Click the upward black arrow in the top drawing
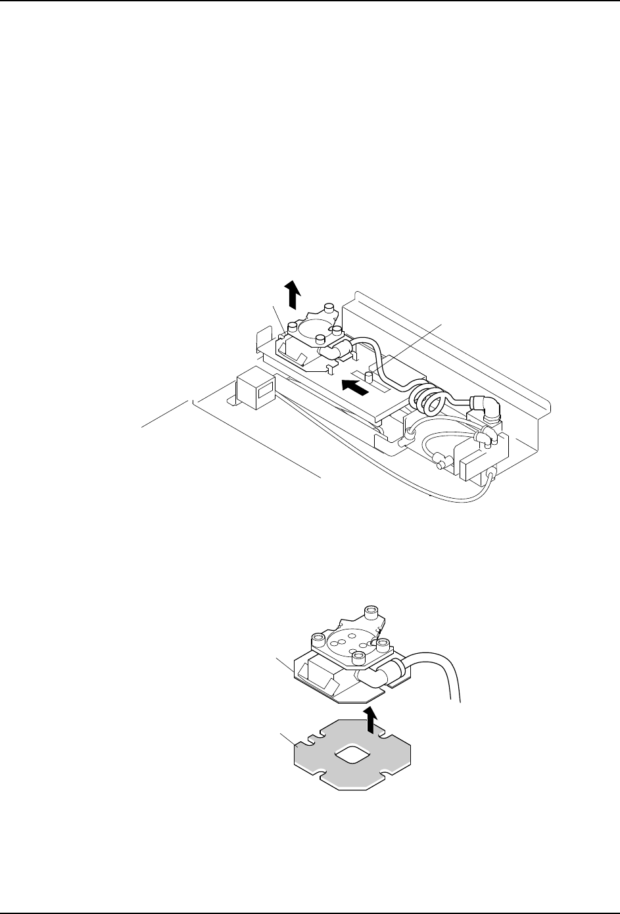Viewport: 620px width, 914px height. point(293,292)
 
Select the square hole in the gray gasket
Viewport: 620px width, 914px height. point(347,756)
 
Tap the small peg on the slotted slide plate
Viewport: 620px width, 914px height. point(369,376)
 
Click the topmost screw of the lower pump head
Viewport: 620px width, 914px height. point(372,612)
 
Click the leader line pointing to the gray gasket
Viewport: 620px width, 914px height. point(287,740)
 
